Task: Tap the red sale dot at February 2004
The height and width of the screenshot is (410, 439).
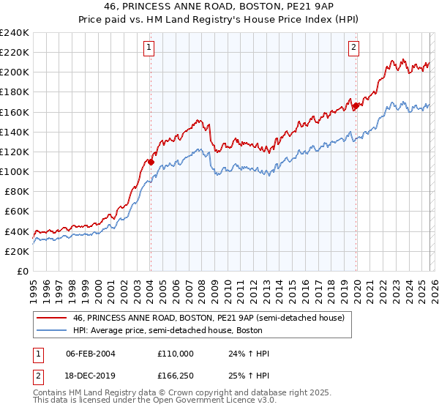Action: pyautogui.click(x=151, y=162)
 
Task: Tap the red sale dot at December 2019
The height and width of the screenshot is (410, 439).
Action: pyautogui.click(x=356, y=106)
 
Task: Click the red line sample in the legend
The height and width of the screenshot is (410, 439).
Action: pyautogui.click(x=53, y=318)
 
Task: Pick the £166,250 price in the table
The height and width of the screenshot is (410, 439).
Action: pyautogui.click(x=176, y=377)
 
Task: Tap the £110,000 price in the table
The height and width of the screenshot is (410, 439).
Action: pyautogui.click(x=176, y=354)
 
